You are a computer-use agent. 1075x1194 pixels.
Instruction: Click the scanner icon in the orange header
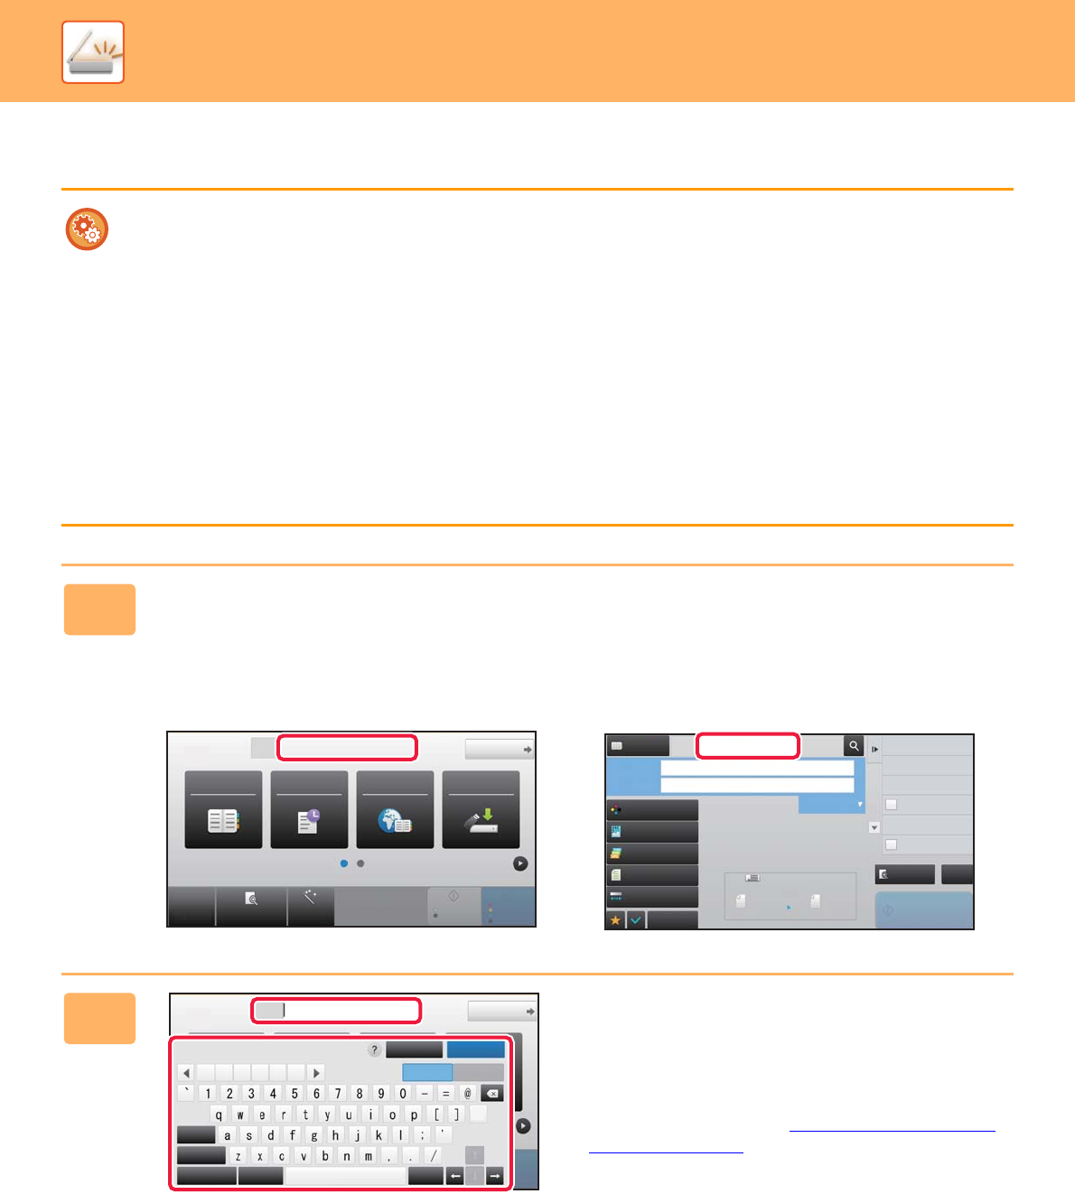coord(93,51)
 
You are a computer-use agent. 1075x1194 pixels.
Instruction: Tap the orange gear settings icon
coord(87,229)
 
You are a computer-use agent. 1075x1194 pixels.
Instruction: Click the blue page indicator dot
coord(344,863)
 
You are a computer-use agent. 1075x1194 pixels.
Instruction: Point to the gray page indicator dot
coord(361,863)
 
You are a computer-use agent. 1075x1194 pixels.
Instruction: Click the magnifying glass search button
coord(854,746)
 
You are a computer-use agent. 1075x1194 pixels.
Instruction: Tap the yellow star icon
coord(615,920)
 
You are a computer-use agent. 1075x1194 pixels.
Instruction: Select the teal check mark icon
coord(636,920)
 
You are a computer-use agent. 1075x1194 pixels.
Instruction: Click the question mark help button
coord(374,1049)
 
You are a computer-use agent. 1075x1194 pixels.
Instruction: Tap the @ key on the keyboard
coord(468,1093)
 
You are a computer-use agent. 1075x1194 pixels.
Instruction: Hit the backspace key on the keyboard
coord(492,1093)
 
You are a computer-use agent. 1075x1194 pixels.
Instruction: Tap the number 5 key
coord(294,1093)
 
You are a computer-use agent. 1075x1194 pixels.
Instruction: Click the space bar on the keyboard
coord(346,1176)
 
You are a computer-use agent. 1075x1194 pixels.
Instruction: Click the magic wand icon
coord(310,897)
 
